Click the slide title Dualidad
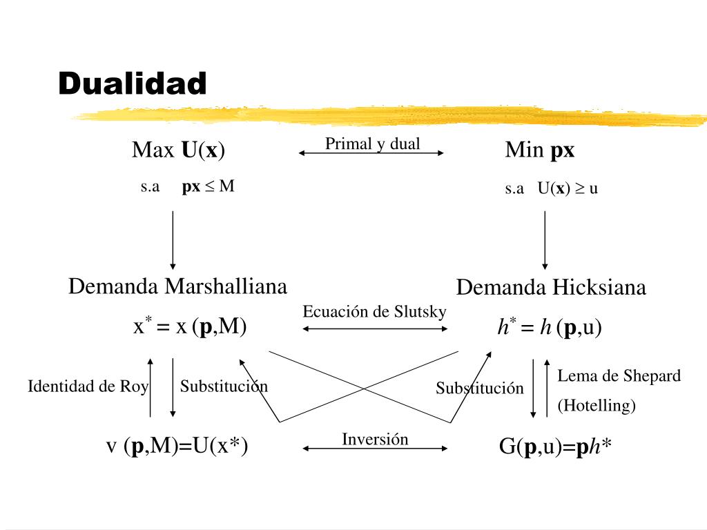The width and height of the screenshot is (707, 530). [x=133, y=84]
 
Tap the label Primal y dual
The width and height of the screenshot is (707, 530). [x=373, y=144]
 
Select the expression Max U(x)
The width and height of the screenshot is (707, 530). [x=179, y=150]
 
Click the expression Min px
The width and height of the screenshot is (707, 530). [x=539, y=150]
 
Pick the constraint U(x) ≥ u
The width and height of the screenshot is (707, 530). [x=568, y=188]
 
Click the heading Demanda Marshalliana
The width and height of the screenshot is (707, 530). [x=177, y=286]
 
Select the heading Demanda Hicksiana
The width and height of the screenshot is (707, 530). [x=551, y=287]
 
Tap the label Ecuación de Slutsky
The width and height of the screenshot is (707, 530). [x=374, y=312]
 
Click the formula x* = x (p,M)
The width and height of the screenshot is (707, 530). [x=190, y=326]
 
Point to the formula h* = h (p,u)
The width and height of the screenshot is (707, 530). [x=550, y=328]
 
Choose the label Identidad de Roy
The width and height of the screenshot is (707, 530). [x=88, y=386]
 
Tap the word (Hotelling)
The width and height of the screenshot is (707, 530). [x=597, y=406]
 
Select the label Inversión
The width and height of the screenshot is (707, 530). [x=375, y=439]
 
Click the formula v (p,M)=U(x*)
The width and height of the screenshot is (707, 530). [x=177, y=446]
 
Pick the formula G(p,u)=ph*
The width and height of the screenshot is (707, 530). [x=556, y=448]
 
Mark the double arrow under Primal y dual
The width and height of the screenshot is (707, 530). [x=371, y=153]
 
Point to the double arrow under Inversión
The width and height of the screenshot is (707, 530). [x=376, y=449]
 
